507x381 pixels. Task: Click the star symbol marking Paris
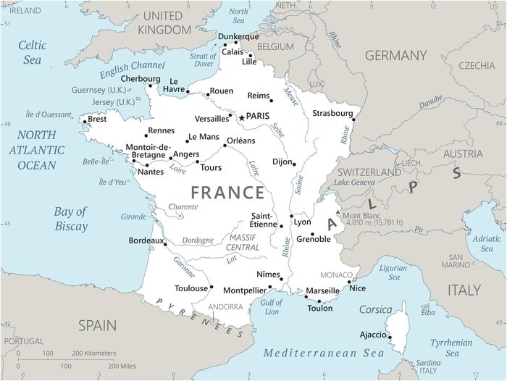click(x=242, y=117)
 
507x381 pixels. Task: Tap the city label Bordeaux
click(x=146, y=240)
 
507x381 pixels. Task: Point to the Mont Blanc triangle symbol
click(x=338, y=213)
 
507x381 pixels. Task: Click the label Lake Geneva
click(x=353, y=183)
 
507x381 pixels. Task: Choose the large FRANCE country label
click(x=227, y=193)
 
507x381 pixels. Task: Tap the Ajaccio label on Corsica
click(x=373, y=335)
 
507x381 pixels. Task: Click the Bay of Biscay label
click(x=70, y=218)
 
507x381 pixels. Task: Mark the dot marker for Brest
click(x=84, y=122)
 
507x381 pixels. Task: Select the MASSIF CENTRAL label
click(x=243, y=242)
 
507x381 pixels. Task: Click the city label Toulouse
click(x=191, y=288)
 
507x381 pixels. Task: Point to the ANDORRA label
click(x=225, y=306)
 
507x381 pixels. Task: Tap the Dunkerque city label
click(x=238, y=37)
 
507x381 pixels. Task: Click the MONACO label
click(x=337, y=275)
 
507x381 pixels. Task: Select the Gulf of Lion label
click(x=271, y=306)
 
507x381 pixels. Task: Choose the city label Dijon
click(x=282, y=162)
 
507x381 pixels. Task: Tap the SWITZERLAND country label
click(x=369, y=172)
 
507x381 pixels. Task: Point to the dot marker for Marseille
click(x=305, y=296)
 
